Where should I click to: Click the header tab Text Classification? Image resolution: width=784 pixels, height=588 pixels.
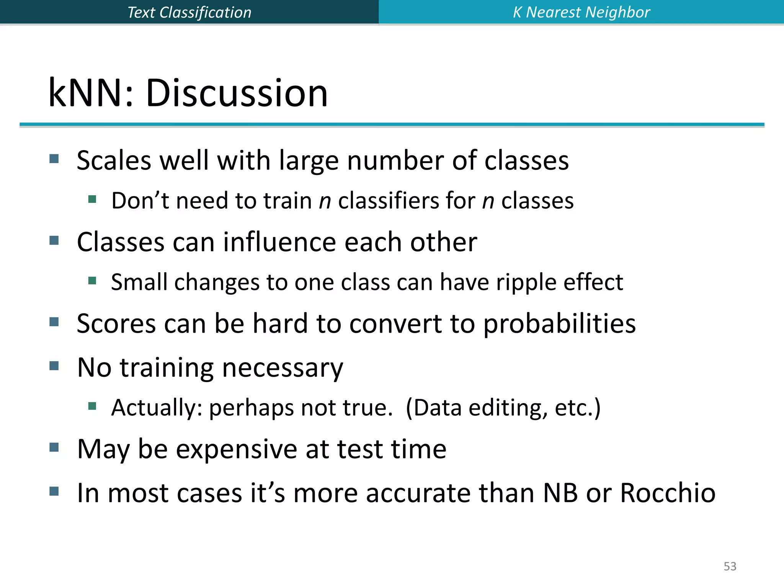click(189, 12)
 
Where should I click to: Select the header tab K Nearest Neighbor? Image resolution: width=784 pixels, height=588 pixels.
click(581, 12)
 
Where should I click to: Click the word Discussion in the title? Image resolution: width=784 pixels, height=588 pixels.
click(237, 93)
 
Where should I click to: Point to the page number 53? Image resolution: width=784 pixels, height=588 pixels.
click(730, 566)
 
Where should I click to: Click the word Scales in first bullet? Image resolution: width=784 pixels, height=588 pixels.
click(114, 160)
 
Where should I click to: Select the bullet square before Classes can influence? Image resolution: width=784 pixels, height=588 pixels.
click(54, 240)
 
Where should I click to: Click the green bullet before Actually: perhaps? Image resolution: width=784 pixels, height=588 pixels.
click(92, 406)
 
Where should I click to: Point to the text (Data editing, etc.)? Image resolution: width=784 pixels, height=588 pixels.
click(503, 408)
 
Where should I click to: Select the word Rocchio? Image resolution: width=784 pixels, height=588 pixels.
click(668, 493)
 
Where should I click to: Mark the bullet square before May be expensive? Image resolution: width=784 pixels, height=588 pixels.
click(54, 447)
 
